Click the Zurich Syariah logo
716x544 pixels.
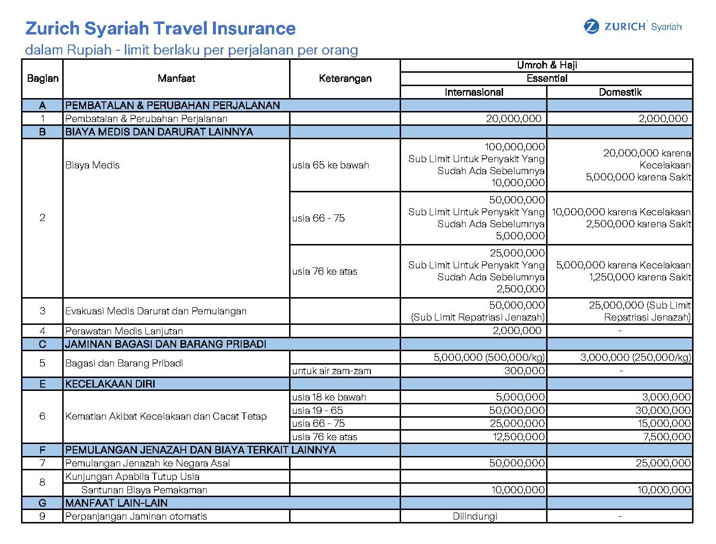(632, 27)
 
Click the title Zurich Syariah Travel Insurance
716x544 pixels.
(160, 28)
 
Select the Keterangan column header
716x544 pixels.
(345, 78)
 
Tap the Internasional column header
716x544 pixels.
(474, 92)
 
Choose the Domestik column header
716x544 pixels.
(620, 92)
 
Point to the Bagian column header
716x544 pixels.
(43, 78)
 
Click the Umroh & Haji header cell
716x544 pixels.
(547, 65)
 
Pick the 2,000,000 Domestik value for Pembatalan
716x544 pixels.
(663, 119)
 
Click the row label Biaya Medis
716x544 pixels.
(92, 165)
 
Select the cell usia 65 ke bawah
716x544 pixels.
(331, 165)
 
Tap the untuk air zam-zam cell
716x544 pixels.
(332, 371)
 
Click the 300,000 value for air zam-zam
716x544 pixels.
(524, 371)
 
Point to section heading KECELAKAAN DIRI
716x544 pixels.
(110, 384)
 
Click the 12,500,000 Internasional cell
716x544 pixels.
(518, 436)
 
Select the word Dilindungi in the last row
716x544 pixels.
(475, 516)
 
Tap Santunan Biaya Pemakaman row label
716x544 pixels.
(144, 490)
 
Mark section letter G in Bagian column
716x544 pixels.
(43, 503)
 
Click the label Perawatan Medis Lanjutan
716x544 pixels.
(124, 331)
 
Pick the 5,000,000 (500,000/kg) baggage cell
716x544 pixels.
(489, 357)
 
